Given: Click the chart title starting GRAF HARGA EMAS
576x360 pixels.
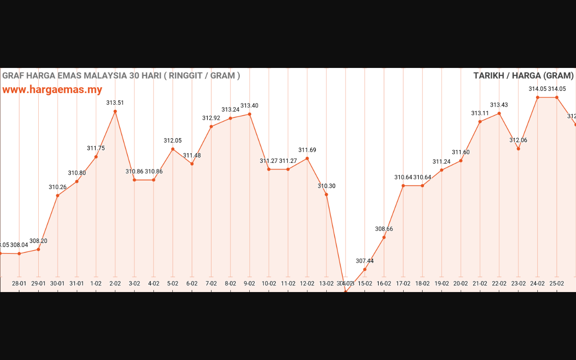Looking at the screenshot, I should point(121,76).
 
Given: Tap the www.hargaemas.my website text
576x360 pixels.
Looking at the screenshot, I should point(52,90).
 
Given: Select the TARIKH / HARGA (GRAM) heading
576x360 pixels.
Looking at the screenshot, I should point(523,76).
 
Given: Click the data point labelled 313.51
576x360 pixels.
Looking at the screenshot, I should point(115,111).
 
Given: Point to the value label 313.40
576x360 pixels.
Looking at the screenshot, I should point(249,106).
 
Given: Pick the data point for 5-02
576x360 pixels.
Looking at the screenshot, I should point(173,149).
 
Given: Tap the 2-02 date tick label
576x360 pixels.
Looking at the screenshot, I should point(115,283).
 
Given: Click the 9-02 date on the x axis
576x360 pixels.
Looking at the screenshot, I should point(249,283).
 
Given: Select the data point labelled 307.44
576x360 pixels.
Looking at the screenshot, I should point(364,270).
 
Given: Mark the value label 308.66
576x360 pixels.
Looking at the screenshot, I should point(384,229).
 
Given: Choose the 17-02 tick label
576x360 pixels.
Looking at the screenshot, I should point(403,283).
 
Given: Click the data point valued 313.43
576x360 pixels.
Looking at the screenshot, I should point(499,113).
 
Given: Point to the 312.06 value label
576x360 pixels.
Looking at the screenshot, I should point(518,140).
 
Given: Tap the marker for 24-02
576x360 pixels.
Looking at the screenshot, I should point(538,97).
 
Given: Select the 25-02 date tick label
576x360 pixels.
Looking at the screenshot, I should point(557,283).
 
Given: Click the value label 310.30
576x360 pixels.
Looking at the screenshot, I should point(327,186).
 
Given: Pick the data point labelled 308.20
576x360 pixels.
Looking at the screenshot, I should point(38,249).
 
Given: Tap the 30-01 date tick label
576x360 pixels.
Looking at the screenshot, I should point(58,283).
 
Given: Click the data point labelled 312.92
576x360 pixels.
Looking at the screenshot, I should point(211,126).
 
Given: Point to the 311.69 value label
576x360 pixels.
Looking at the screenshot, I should point(307,150).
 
